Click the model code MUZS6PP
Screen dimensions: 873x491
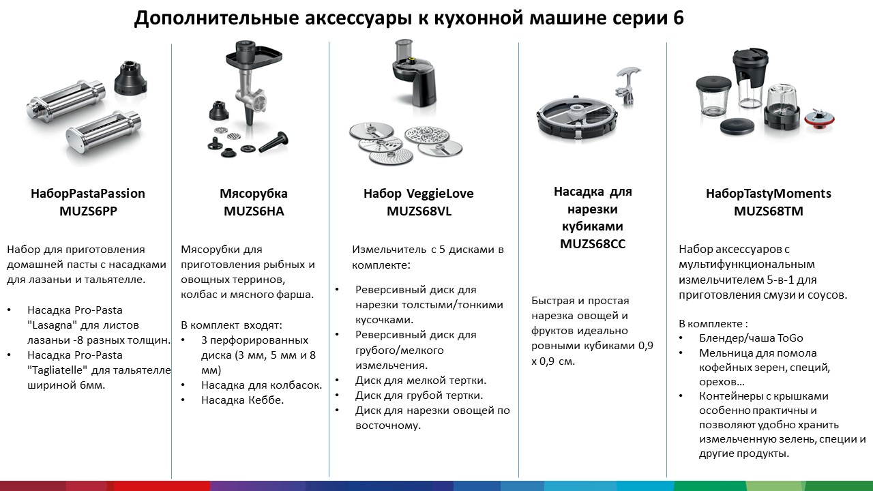click(88, 211)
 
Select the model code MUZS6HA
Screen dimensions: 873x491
click(254, 211)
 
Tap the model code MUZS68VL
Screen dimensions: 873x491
click(419, 211)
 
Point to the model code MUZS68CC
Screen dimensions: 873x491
click(593, 244)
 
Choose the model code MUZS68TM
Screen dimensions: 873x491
click(769, 211)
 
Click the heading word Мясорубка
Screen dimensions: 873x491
click(254, 194)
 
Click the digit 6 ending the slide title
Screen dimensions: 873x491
click(678, 18)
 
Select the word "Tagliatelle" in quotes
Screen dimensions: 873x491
click(57, 370)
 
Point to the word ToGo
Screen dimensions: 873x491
click(790, 338)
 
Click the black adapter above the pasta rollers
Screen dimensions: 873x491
click(130, 76)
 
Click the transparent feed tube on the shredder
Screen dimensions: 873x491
click(404, 50)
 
